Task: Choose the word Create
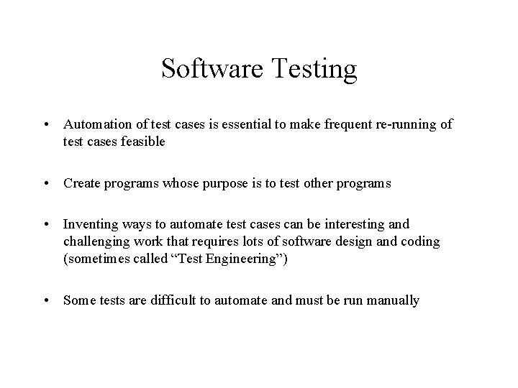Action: [81, 183]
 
